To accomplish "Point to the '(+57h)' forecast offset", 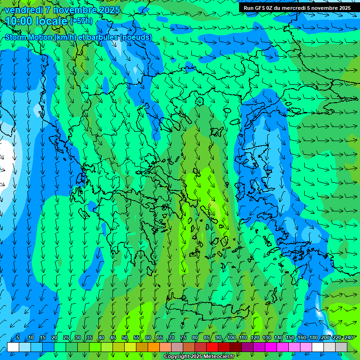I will tap(81, 21).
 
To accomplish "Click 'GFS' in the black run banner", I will tap(260, 8).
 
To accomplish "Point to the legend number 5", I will tap(18, 338).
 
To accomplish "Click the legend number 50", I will tap(125, 338).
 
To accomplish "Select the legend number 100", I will tap(231, 338).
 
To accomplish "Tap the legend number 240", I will tap(349, 338).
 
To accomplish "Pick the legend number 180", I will tap(314, 338).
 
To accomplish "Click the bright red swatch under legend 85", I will tap(212, 347).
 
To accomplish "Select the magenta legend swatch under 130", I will tap(271, 347).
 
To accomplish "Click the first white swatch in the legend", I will tap(13, 347).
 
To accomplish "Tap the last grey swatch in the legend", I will tap(341, 347).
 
